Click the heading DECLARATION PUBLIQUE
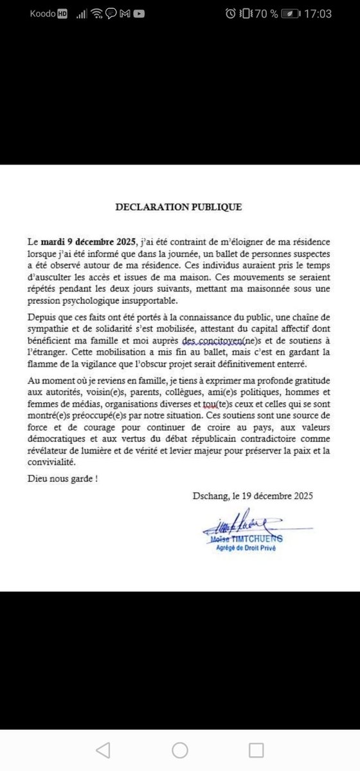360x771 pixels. tap(179, 208)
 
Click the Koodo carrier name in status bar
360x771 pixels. tap(42, 13)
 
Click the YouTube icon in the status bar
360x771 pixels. tap(139, 13)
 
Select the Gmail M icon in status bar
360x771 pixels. tap(126, 13)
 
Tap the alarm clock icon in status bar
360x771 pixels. tap(231, 13)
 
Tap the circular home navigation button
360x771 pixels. tap(180, 750)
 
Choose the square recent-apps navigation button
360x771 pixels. tap(256, 750)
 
